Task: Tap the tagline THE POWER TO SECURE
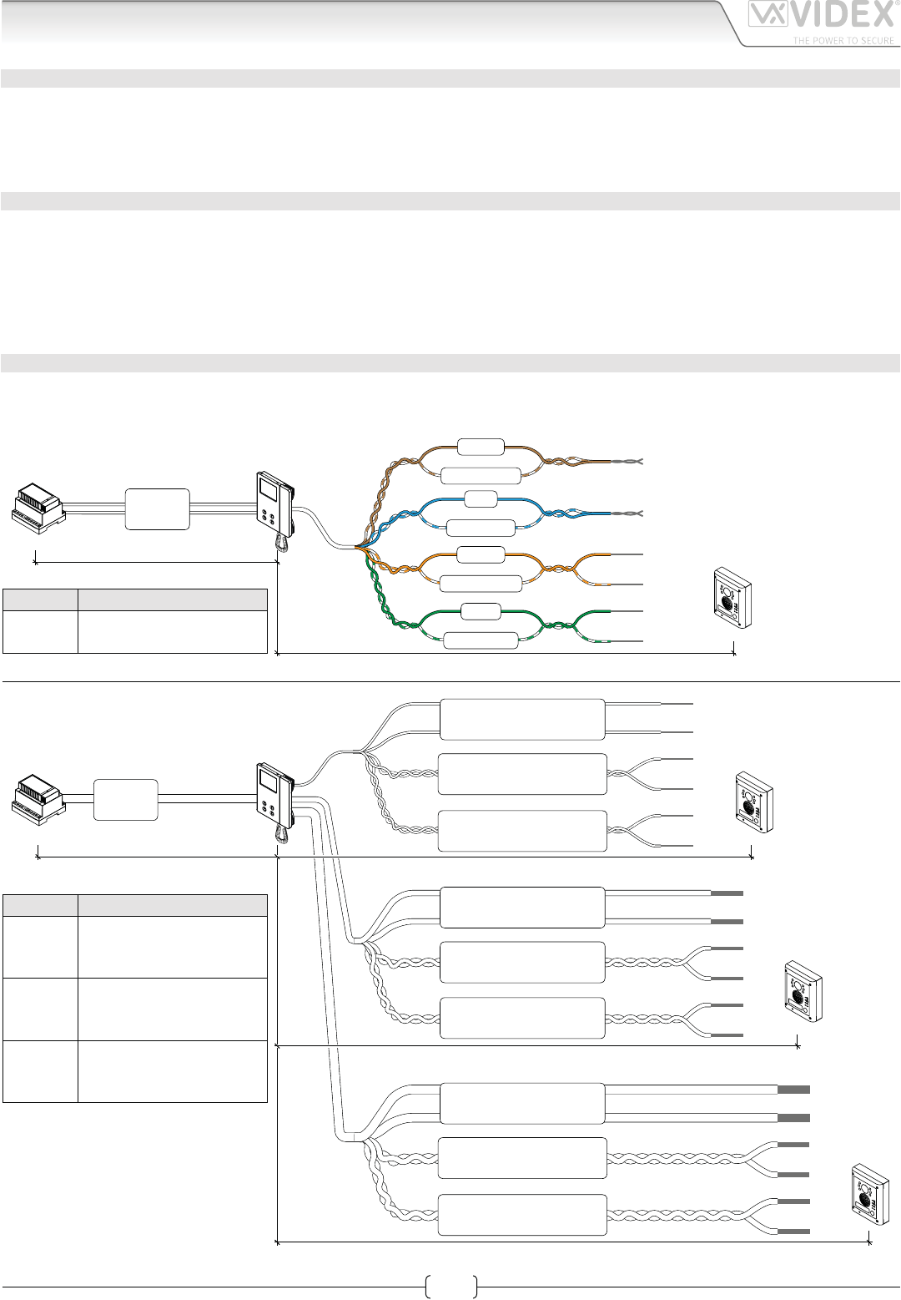(843, 40)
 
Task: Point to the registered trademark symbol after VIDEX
(896, 4)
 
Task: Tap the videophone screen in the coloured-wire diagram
(270, 488)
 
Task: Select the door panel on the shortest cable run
(753, 797)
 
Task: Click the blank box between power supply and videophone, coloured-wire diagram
(157, 508)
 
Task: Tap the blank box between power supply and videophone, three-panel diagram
(125, 799)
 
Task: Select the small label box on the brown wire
(481, 447)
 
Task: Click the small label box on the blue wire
(480, 499)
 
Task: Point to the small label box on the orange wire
(481, 554)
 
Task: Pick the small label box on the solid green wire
(480, 611)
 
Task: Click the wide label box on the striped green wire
(481, 640)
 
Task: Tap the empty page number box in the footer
(450, 1287)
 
